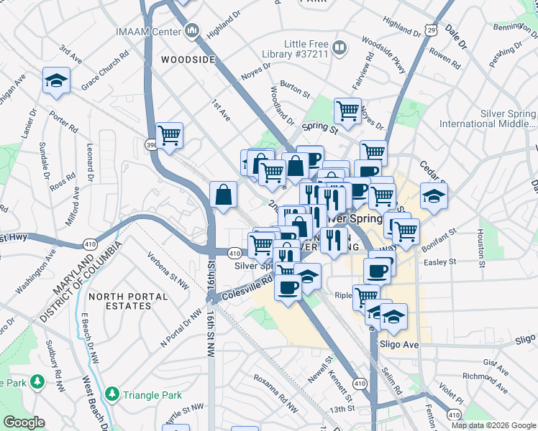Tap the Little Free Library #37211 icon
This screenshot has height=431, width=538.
(339, 48)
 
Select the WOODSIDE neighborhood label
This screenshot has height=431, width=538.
(188, 60)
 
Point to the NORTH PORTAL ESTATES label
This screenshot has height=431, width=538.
(120, 300)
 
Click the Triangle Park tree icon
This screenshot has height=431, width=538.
(111, 394)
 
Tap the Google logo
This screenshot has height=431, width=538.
(24, 423)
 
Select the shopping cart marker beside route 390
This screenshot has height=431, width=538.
(169, 135)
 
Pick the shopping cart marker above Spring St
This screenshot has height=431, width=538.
(347, 111)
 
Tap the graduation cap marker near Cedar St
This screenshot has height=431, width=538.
(434, 195)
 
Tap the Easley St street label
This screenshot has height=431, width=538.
(439, 262)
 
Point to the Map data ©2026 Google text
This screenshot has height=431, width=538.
(493, 425)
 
